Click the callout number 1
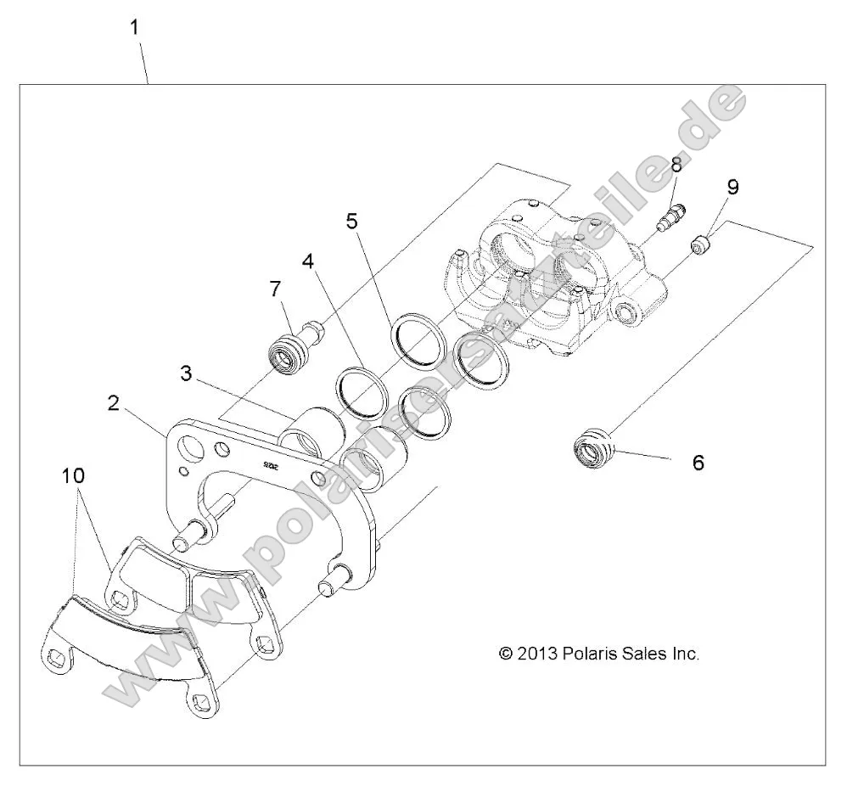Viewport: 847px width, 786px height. coord(134,27)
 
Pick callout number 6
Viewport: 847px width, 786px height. coord(698,463)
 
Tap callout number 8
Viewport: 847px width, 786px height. coord(676,166)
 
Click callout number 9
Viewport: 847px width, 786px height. coord(732,187)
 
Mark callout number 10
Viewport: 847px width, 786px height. coord(74,477)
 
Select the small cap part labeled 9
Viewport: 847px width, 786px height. coord(700,246)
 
